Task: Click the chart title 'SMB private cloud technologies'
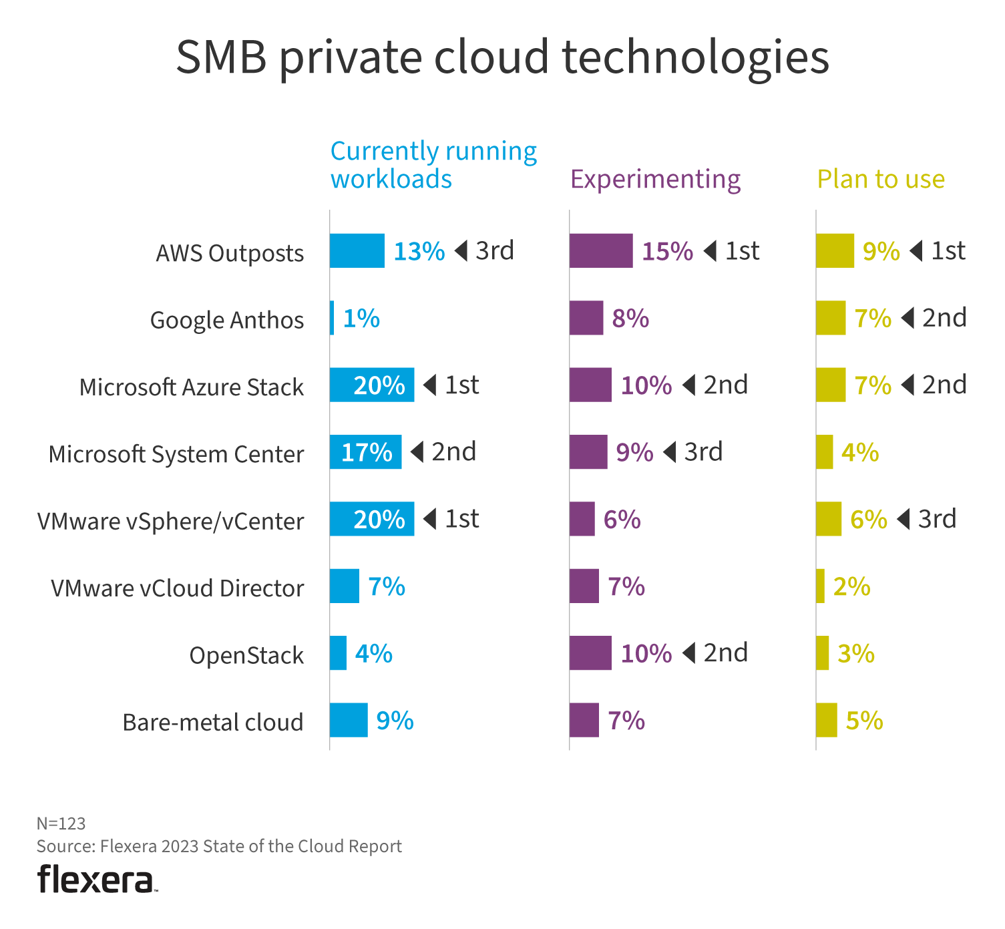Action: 502,57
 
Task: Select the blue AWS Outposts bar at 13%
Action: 357,251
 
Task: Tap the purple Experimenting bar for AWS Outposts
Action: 601,251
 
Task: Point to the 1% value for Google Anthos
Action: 361,319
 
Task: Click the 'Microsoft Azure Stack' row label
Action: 192,387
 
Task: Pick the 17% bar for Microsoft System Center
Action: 365,452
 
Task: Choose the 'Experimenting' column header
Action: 655,179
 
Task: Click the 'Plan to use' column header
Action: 881,179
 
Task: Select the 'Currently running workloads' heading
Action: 433,165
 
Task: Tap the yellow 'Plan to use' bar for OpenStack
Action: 823,653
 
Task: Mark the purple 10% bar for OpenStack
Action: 590,653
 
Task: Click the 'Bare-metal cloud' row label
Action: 213,723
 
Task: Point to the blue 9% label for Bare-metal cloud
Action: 395,721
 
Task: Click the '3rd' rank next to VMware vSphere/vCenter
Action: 936,519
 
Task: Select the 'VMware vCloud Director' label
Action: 178,588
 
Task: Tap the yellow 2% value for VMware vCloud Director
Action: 851,586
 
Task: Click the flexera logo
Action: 97,880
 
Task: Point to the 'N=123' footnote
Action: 61,823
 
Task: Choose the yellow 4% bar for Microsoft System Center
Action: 825,452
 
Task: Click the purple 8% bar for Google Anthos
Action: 586,318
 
